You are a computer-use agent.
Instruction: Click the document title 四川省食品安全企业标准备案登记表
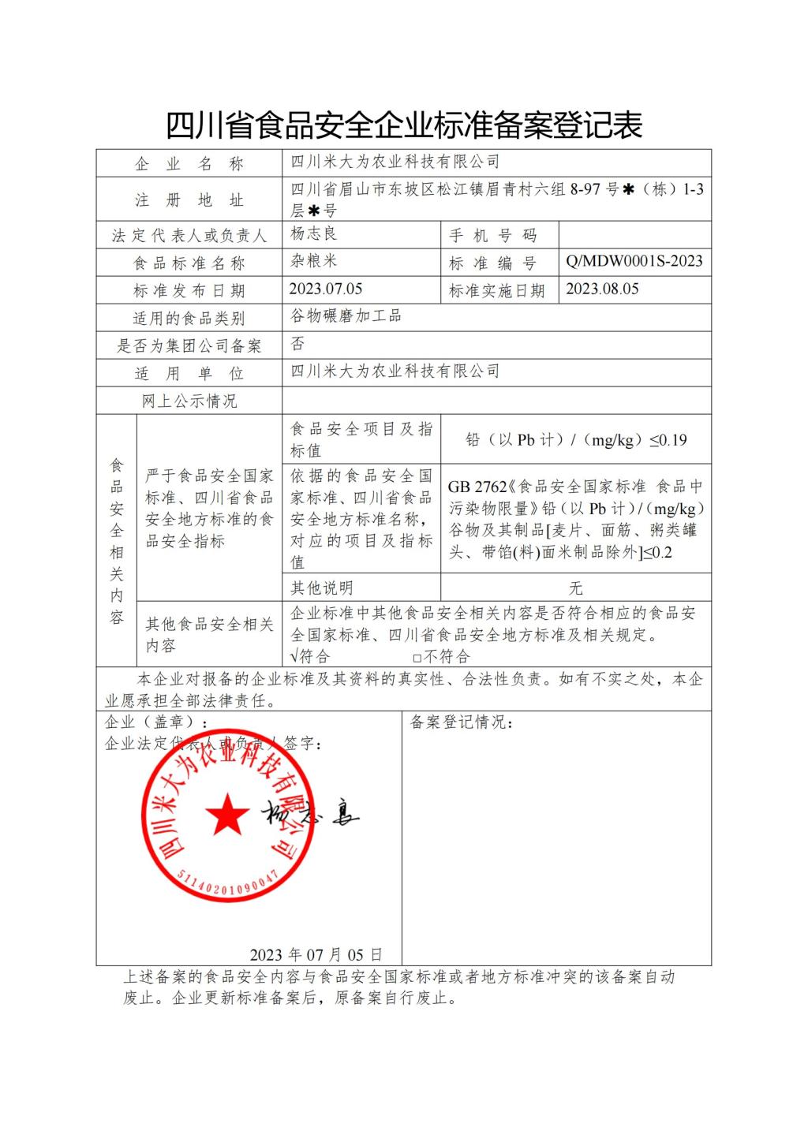404,125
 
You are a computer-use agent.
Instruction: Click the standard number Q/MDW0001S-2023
634,261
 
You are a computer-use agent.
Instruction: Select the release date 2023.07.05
326,289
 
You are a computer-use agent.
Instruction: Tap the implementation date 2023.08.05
602,289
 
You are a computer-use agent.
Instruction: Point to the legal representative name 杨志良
313,233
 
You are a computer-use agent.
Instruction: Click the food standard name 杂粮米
313,261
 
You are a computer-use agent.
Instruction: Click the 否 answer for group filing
297,344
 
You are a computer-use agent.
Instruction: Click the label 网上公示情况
189,401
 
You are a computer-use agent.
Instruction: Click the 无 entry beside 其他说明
575,588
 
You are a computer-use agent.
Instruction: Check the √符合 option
310,656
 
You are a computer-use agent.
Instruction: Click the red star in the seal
228,815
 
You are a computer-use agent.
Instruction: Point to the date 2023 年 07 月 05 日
316,955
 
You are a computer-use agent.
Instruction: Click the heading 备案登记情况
462,722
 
